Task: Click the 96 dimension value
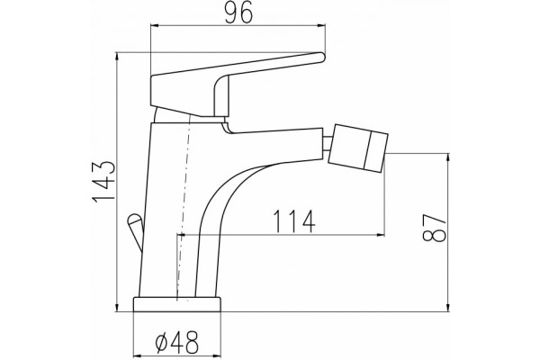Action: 239,13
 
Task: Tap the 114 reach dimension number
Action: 293,221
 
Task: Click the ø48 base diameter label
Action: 176,342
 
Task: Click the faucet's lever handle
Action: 238,85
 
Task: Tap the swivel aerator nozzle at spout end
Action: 358,148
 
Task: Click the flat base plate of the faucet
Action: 176,304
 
